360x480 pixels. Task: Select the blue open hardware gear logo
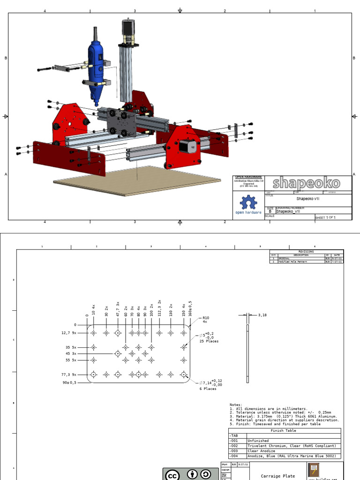[248, 203]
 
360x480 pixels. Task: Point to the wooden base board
[136, 180]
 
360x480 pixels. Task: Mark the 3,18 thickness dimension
[262, 315]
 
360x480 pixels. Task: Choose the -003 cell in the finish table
[234, 451]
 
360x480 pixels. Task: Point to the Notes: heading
[236, 405]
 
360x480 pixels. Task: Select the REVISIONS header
[306, 251]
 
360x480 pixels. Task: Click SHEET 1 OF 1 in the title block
[327, 217]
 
